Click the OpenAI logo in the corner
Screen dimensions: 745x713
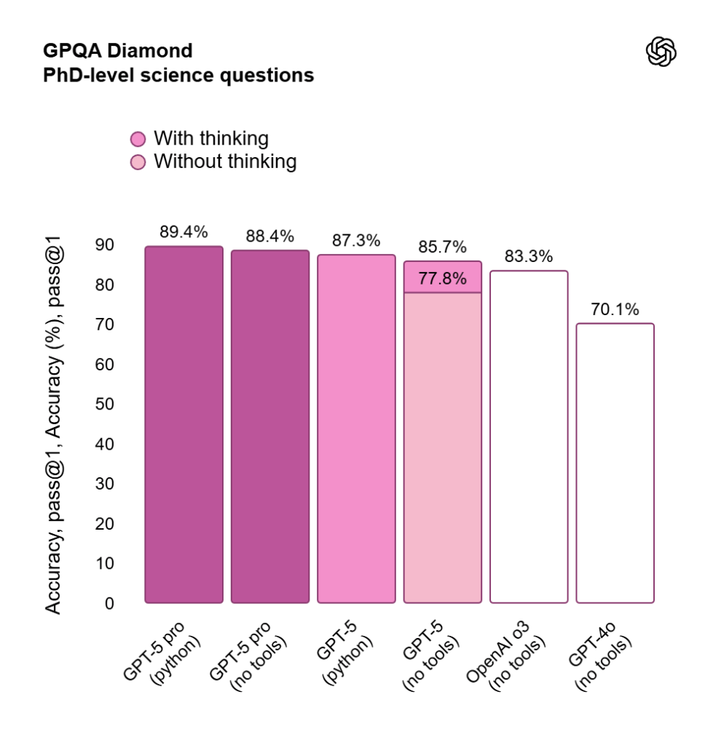pyautogui.click(x=661, y=52)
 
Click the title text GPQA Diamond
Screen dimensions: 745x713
pyautogui.click(x=118, y=51)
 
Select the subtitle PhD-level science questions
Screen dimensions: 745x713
pyautogui.click(x=178, y=75)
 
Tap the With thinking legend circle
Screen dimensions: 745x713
pyautogui.click(x=138, y=139)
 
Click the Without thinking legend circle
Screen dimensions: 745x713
pyautogui.click(x=138, y=162)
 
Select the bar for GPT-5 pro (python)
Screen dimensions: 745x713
pyautogui.click(x=184, y=425)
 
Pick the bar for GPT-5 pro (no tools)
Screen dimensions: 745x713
pyautogui.click(x=270, y=427)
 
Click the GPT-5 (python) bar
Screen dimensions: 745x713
pyautogui.click(x=356, y=429)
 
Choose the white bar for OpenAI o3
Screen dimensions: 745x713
pyautogui.click(x=529, y=437)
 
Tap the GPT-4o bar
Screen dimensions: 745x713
pyautogui.click(x=615, y=463)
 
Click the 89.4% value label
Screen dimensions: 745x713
pyautogui.click(x=184, y=232)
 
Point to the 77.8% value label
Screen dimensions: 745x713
pyautogui.click(x=442, y=279)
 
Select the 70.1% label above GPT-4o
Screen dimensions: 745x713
pyautogui.click(x=615, y=309)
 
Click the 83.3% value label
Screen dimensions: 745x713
pyautogui.click(x=529, y=256)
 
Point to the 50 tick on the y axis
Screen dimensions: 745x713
pyautogui.click(x=106, y=404)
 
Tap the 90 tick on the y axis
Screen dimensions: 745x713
pyautogui.click(x=106, y=244)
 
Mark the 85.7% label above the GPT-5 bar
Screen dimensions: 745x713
pyautogui.click(x=442, y=247)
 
